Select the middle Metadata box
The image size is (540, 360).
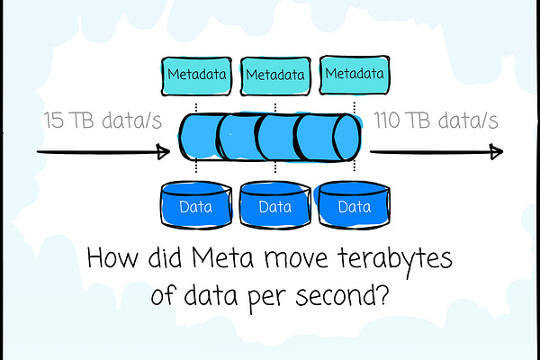point(272,71)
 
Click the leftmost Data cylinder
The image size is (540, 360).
point(197,206)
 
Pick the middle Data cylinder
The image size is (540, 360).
point(274,206)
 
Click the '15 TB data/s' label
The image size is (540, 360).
point(103,121)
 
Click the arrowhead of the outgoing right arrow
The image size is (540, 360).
point(496,151)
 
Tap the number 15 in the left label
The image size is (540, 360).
point(55,121)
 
